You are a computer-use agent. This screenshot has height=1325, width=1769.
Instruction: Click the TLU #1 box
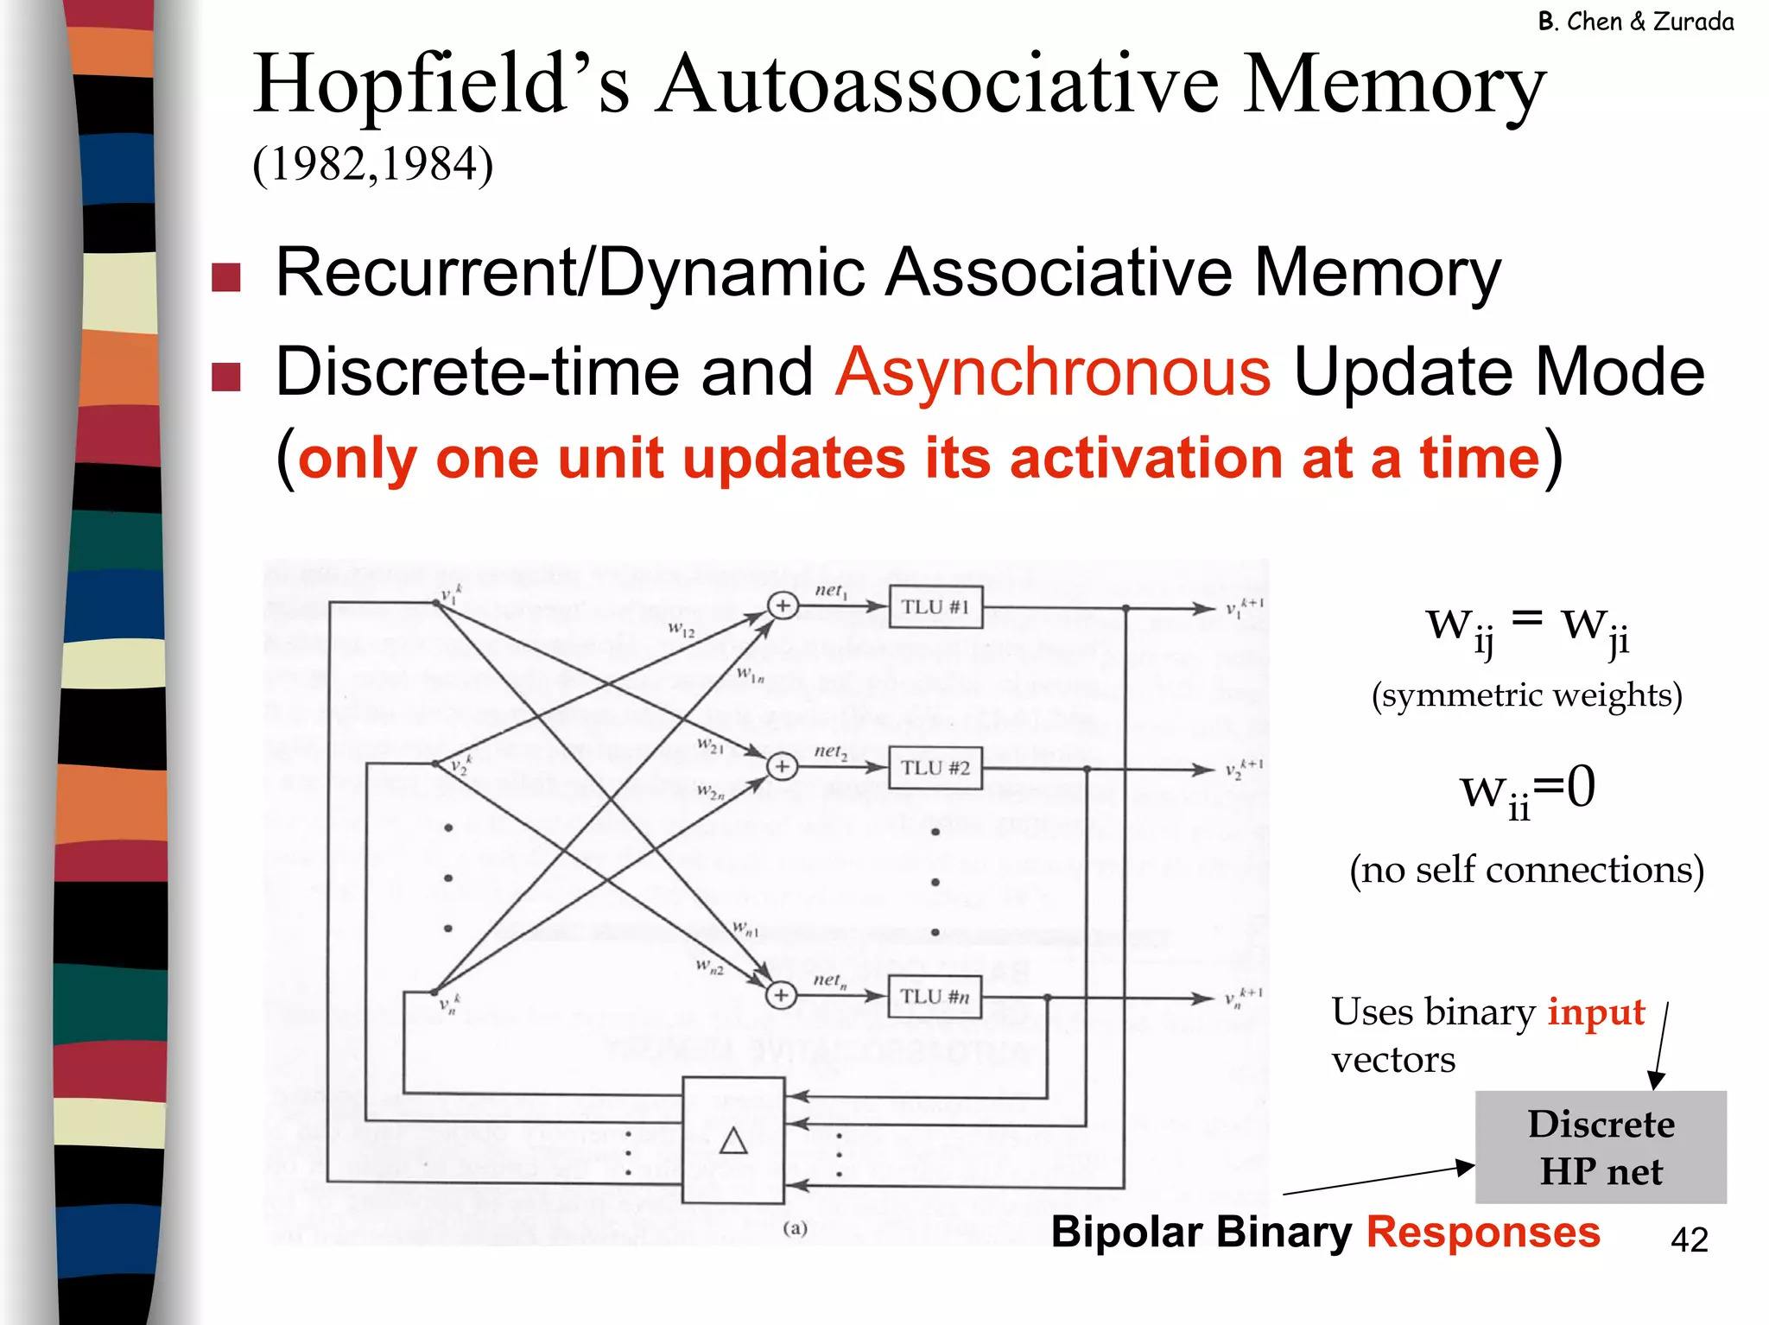935,606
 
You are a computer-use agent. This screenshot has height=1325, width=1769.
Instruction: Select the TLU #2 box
935,768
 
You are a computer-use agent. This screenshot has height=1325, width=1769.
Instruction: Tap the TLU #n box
935,996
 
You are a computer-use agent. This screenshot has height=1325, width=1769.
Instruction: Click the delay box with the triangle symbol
733,1140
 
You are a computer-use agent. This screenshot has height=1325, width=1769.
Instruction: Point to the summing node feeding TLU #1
782,606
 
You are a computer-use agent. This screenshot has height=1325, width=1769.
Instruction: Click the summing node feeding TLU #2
782,766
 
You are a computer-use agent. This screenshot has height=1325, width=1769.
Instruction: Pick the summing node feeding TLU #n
781,996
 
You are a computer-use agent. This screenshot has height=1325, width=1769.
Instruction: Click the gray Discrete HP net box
1601,1147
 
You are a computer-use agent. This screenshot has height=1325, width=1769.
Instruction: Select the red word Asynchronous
1053,372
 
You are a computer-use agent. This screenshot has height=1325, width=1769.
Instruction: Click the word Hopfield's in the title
441,85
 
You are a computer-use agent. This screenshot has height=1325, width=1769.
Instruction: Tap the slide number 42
1689,1240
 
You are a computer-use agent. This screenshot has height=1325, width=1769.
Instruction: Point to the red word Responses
1483,1232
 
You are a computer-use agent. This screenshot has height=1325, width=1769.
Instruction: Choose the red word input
1596,1011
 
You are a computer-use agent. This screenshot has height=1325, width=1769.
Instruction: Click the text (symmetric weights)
1527,695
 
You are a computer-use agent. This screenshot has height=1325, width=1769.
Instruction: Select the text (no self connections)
1527,870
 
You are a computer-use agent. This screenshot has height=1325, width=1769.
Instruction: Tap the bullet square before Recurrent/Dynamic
226,277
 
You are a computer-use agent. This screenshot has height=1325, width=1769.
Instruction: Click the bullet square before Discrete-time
226,377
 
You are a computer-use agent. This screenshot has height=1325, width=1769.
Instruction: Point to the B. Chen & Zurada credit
1635,22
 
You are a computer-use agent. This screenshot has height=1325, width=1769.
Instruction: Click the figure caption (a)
795,1228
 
